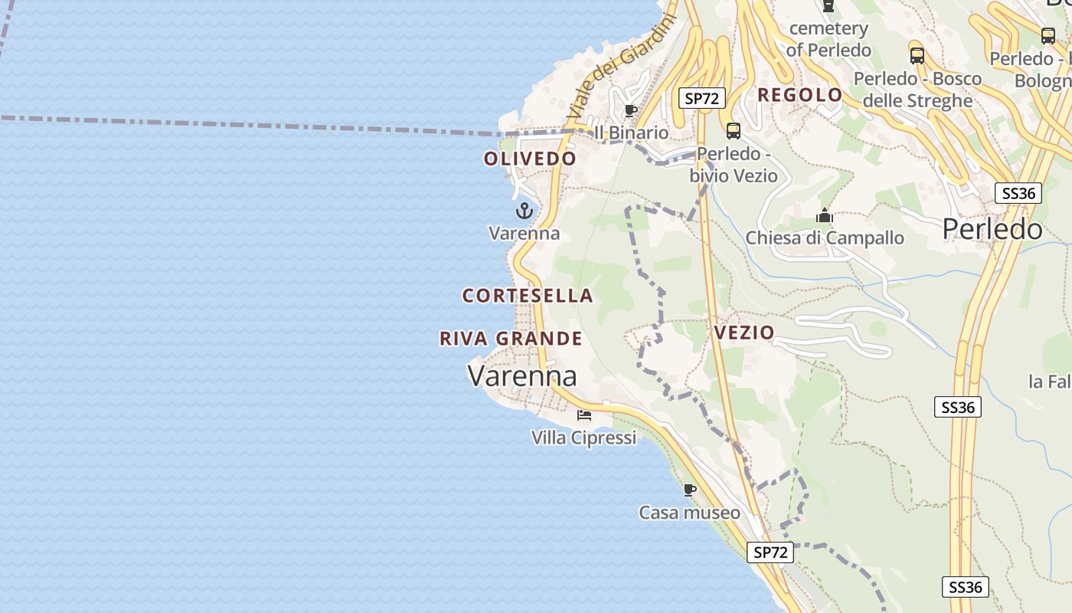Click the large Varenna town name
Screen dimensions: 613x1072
(x=521, y=376)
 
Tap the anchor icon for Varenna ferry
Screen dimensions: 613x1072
(x=525, y=211)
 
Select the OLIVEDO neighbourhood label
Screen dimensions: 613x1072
(x=530, y=159)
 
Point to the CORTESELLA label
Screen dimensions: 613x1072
(x=528, y=296)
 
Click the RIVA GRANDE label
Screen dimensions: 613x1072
(x=511, y=339)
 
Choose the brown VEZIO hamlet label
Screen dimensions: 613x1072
(x=744, y=333)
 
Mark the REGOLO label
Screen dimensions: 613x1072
(x=799, y=95)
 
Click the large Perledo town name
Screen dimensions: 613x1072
(x=992, y=229)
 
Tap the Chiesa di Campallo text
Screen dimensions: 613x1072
(x=825, y=238)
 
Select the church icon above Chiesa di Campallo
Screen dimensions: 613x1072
(x=825, y=216)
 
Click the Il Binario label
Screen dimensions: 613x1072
(x=631, y=133)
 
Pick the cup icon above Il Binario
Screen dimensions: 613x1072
(x=630, y=111)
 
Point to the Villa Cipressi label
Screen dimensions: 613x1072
(x=583, y=438)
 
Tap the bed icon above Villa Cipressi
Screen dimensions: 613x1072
(x=584, y=415)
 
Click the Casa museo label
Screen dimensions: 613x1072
(x=689, y=513)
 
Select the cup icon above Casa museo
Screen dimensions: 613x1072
(x=689, y=490)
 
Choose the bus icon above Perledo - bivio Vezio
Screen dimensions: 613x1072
(x=734, y=131)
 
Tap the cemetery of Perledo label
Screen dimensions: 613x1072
(x=829, y=39)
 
